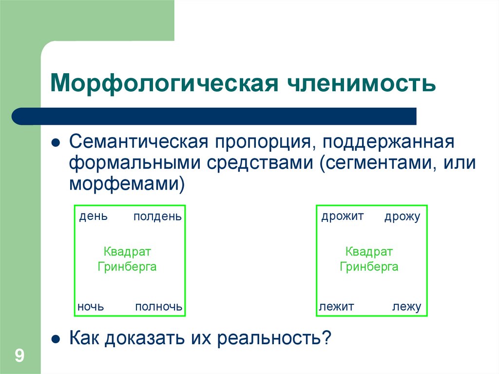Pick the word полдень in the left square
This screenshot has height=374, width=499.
(x=157, y=216)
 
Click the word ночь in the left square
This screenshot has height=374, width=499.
(x=91, y=307)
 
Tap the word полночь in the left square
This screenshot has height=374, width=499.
(x=159, y=307)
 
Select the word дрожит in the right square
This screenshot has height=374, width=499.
(x=343, y=216)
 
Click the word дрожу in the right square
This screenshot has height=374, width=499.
(x=402, y=217)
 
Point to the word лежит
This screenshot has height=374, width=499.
(x=336, y=307)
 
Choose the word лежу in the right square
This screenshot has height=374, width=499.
(x=406, y=307)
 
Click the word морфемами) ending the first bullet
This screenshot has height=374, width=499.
(x=127, y=183)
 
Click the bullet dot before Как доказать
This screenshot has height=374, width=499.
(x=56, y=337)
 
